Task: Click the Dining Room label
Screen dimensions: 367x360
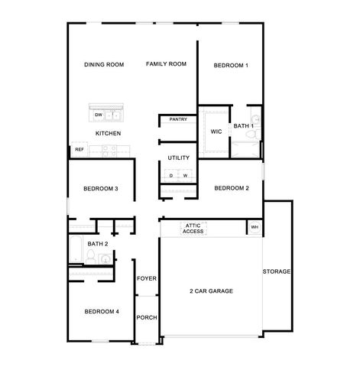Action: pos(104,65)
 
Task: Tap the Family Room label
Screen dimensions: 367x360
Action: pos(167,64)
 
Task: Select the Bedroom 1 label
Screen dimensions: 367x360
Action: pos(231,66)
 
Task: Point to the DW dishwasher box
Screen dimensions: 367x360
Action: pos(99,115)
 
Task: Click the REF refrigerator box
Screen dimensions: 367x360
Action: pos(79,150)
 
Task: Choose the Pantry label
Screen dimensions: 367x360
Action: pos(179,119)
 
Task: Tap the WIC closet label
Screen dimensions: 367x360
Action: pos(216,132)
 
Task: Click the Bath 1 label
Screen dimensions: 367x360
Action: pos(244,125)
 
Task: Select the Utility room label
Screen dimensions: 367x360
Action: pos(179,158)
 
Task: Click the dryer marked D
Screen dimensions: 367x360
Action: pos(171,176)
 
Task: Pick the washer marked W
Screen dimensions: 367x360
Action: pos(185,176)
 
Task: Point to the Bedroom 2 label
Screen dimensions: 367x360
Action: pos(231,188)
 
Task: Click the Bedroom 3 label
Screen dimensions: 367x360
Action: pos(101,189)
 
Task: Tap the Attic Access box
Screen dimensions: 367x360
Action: pos(193,228)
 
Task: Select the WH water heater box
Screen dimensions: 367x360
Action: pos(254,227)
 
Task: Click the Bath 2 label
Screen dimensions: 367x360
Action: pos(97,244)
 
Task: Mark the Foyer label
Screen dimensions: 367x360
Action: pos(147,278)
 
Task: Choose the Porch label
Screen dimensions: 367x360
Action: pos(147,317)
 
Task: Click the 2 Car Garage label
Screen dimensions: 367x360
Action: pos(211,291)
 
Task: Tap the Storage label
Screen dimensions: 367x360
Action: pos(277,271)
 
